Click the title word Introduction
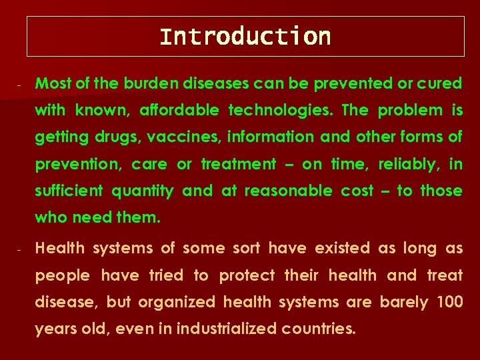245,36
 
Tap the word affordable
177,110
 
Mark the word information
271,137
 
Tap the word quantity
142,191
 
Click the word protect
247,275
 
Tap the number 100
449,302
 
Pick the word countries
319,329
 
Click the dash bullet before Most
21,85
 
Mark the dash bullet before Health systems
21,250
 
